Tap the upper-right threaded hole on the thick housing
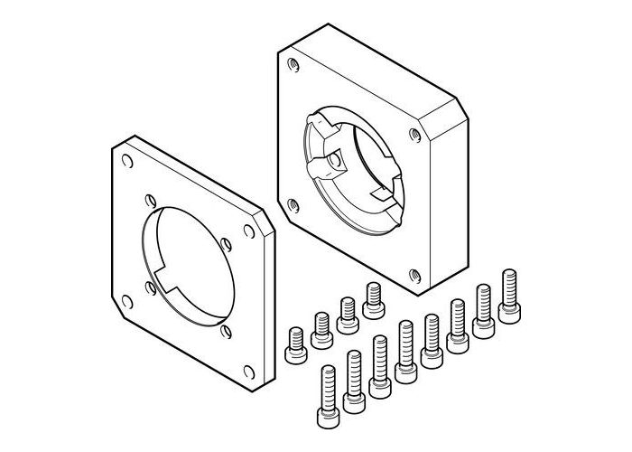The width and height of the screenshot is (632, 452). (414, 135)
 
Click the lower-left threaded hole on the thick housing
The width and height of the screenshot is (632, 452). (290, 202)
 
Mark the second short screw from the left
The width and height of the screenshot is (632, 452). (321, 329)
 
